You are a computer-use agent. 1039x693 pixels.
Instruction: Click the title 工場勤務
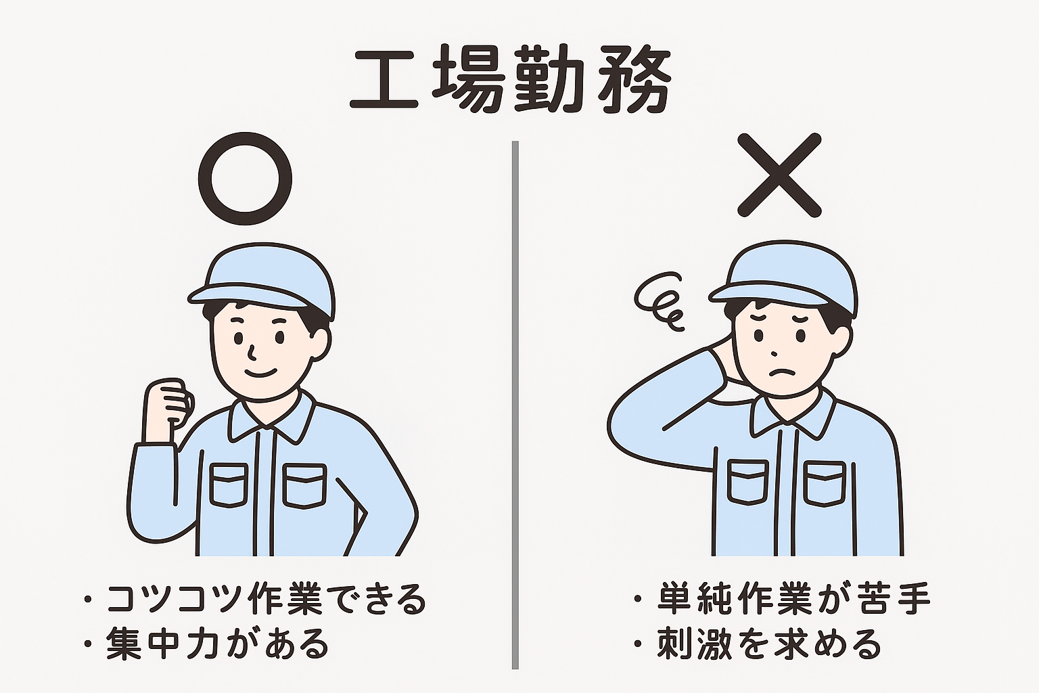click(511, 80)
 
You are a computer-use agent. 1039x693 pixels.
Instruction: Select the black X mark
click(779, 175)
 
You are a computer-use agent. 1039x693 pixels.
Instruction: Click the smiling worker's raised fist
click(168, 404)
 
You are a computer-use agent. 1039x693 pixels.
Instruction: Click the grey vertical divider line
click(515, 405)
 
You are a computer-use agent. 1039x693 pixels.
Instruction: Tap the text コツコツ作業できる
click(266, 599)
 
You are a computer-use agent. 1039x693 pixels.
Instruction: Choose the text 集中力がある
click(217, 644)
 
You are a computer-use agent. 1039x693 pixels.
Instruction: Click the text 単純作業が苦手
click(794, 598)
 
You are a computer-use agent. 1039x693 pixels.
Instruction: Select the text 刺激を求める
click(768, 644)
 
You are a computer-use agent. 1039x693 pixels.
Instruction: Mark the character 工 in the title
click(384, 80)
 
